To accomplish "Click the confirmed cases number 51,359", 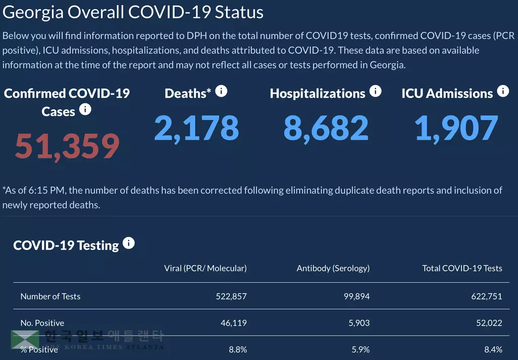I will coord(67,146).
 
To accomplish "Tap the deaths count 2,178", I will coord(196,128).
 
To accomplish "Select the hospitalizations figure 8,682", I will coord(326,128).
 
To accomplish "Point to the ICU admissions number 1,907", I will coord(456,128).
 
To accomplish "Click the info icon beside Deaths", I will coord(221,91).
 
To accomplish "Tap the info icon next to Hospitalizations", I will coord(375,91).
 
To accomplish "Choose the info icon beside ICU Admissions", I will coord(503,91).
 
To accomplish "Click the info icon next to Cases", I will coord(85,109).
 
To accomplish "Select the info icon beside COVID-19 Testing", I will coord(128,243).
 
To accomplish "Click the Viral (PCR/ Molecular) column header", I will coord(205,268).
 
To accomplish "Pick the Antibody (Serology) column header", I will coord(333,268).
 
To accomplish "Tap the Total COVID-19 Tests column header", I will coord(462,268).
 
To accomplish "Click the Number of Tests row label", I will coord(50,296).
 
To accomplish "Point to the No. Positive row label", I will coord(42,323).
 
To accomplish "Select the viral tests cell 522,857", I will coord(231,296).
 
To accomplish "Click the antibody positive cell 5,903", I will coord(358,323).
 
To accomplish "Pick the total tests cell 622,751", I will coord(487,296).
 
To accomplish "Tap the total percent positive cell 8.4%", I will coord(493,349).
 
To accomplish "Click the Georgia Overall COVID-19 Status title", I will coord(133,12).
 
